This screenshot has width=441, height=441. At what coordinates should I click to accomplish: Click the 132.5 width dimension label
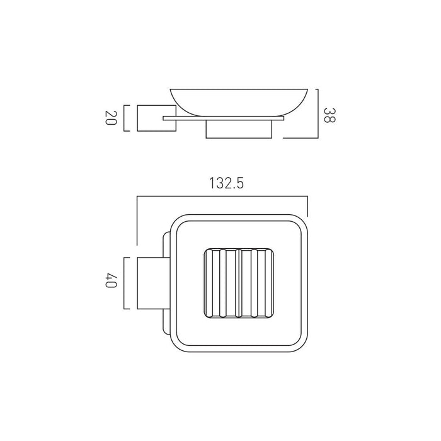click(x=226, y=183)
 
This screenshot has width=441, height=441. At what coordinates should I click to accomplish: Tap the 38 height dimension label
click(x=329, y=115)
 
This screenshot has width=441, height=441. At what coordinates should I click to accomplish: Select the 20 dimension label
click(x=110, y=118)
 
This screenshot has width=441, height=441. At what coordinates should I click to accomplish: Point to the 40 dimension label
click(x=110, y=280)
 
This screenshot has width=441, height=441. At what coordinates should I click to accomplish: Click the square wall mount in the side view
click(x=156, y=118)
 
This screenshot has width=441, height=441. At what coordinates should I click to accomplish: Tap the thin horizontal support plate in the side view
click(x=223, y=118)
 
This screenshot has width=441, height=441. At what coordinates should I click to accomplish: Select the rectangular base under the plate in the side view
click(x=239, y=129)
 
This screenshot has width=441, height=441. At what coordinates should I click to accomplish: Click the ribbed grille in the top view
click(x=239, y=283)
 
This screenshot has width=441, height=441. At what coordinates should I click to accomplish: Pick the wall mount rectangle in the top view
click(x=153, y=283)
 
